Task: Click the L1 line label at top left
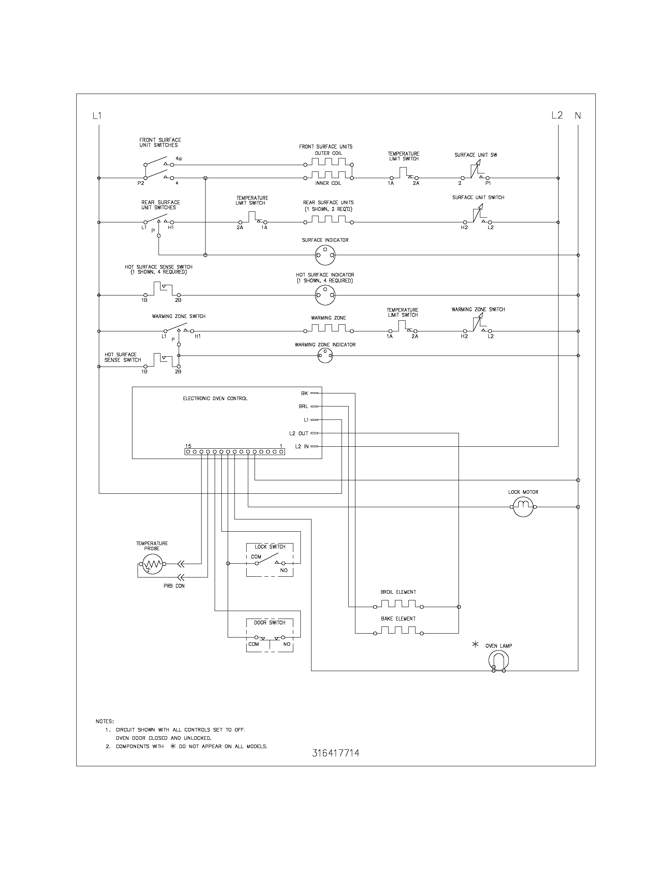(x=97, y=116)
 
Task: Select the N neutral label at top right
(x=578, y=116)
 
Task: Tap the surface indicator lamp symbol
(x=325, y=255)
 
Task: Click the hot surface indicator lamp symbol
(x=325, y=295)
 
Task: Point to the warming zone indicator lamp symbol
(x=325, y=355)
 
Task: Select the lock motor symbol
(x=523, y=507)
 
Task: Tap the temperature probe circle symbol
(x=151, y=564)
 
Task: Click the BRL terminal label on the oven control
(x=303, y=406)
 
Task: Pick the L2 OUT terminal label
(x=298, y=433)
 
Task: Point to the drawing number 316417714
(x=336, y=753)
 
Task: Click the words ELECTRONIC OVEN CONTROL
(x=215, y=398)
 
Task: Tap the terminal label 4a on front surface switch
(x=179, y=159)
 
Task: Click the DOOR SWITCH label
(x=270, y=622)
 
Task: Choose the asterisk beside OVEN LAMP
(x=475, y=645)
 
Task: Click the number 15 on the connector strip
(x=188, y=446)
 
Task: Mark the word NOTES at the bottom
(x=105, y=721)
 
